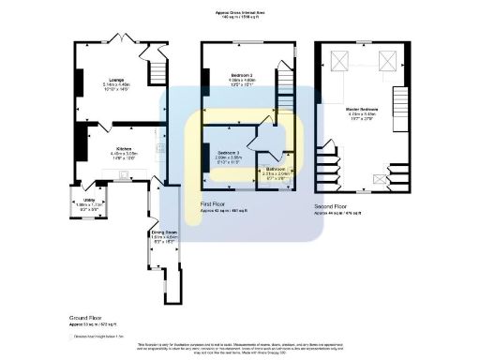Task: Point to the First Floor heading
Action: pos(213,202)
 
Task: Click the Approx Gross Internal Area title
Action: pos(241,12)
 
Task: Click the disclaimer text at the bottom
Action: pos(240,349)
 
